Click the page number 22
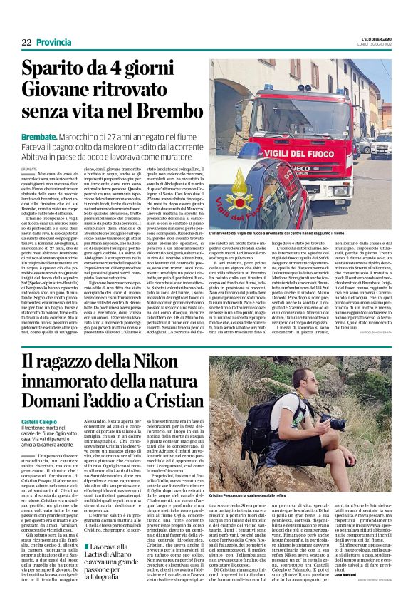click(26, 43)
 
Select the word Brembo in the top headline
click(164, 112)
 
